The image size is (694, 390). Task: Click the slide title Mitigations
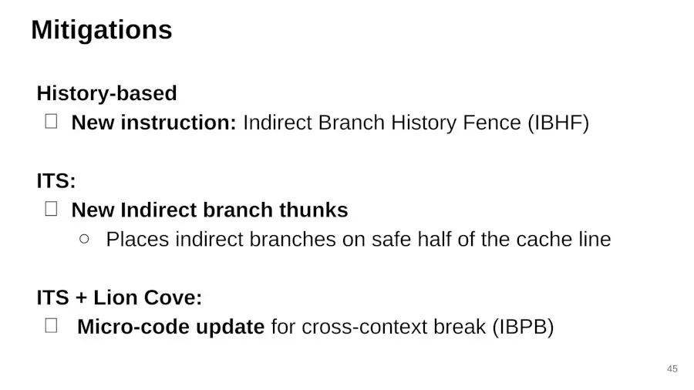point(101,30)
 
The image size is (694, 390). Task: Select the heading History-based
point(106,93)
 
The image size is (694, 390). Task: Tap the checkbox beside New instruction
point(52,121)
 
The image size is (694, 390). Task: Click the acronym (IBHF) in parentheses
point(558,123)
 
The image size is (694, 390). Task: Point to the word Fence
point(491,123)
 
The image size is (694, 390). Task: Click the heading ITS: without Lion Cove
point(56,181)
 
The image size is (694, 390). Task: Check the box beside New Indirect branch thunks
point(52,209)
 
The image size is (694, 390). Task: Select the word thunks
point(313,210)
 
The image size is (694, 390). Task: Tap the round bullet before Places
point(84,239)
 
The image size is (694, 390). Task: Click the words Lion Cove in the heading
point(148,298)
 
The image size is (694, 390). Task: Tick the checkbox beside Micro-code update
point(52,325)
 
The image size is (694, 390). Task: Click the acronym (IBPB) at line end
point(523,328)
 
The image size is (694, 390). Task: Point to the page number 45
point(672,368)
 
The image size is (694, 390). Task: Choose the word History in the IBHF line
point(423,123)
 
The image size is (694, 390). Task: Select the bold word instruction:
point(179,123)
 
